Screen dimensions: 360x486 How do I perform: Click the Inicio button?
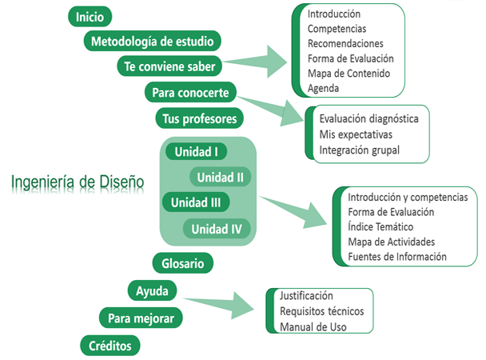(90, 16)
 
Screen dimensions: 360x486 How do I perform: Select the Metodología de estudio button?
(152, 41)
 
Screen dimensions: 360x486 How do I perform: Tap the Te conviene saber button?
(169, 66)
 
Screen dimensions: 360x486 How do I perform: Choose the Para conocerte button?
(190, 93)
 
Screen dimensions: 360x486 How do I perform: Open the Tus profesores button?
(199, 118)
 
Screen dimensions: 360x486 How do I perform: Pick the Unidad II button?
(221, 177)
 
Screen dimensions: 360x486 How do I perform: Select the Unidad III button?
(196, 202)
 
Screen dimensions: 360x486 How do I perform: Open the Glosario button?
(182, 262)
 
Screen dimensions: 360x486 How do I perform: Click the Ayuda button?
(153, 289)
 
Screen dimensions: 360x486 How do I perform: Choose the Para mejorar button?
(141, 318)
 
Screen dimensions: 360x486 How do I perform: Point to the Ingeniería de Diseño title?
(78, 182)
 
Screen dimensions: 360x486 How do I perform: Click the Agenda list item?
(323, 88)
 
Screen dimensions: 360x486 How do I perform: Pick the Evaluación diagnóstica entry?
(368, 118)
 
